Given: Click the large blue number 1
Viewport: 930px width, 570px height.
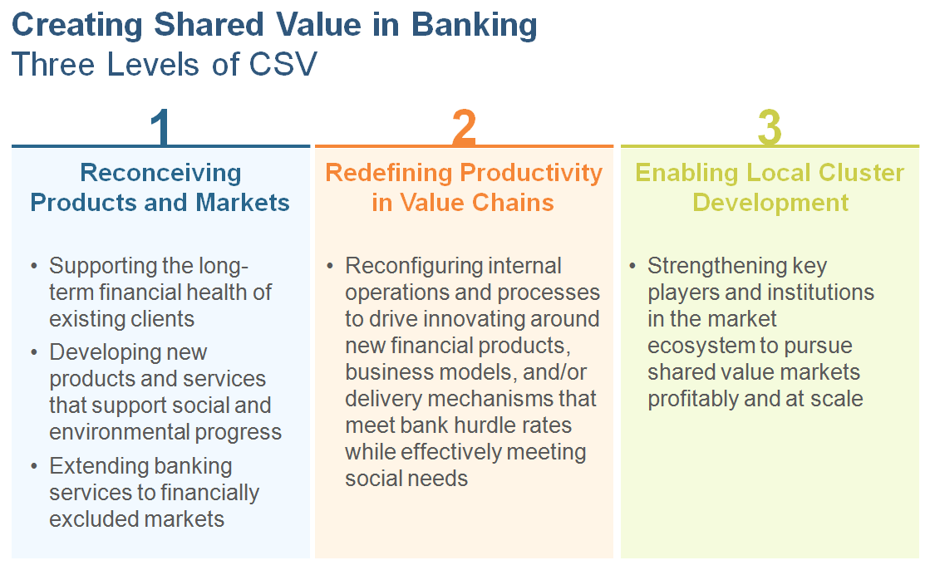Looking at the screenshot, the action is click(161, 126).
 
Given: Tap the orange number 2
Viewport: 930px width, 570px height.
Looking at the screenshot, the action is click(464, 126).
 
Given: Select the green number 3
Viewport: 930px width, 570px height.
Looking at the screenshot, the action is click(770, 126).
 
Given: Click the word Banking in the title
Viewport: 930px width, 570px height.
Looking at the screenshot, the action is click(474, 26).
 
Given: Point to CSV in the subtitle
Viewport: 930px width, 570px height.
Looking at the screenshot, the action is click(283, 64).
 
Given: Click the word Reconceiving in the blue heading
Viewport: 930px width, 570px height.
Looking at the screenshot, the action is click(160, 173).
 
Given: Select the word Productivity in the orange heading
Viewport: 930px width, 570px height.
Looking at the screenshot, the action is click(531, 173).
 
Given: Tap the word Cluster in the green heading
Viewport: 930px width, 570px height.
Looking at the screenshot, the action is click(861, 173).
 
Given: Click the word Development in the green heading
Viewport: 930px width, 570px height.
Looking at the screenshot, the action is click(770, 203).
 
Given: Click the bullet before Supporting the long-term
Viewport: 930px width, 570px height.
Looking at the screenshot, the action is click(34, 266).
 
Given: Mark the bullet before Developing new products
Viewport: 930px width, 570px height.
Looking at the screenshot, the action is click(34, 352).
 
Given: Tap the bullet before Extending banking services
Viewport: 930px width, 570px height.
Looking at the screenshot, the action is click(34, 466).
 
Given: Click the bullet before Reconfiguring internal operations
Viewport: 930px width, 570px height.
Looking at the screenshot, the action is click(330, 266).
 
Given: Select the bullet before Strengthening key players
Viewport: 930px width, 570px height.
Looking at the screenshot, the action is click(632, 266).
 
